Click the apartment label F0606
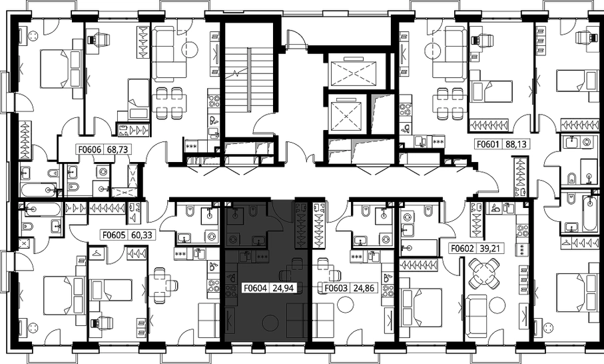click(90, 149)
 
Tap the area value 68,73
click(116, 149)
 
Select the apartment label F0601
click(488, 144)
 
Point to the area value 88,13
click(514, 144)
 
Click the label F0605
click(113, 235)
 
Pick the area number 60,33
click(141, 235)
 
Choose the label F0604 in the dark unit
click(256, 287)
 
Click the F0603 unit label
click(336, 287)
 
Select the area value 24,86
click(363, 287)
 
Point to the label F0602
click(462, 248)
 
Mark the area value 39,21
click(490, 248)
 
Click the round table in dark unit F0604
click(270, 322)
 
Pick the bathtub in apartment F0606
click(39, 190)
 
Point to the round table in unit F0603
click(345, 305)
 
